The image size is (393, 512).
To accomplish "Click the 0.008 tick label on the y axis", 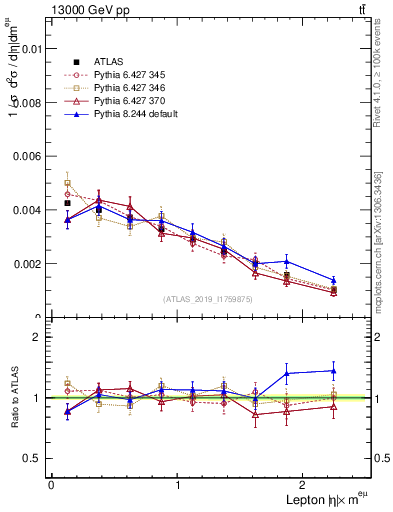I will [x=29, y=102].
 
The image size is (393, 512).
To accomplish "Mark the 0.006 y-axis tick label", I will [x=29, y=156].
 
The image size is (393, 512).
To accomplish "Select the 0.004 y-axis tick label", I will [x=29, y=210].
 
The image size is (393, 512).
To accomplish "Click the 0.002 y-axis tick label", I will [x=29, y=264].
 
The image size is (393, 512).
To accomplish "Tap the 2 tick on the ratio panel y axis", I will [x=39, y=337].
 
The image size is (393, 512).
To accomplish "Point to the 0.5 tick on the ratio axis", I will [x=35, y=458].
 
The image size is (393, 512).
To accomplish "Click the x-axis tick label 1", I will [x=178, y=485].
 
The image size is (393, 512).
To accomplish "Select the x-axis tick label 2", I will [x=305, y=485].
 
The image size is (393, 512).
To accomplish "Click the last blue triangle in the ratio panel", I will [x=333, y=371].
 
